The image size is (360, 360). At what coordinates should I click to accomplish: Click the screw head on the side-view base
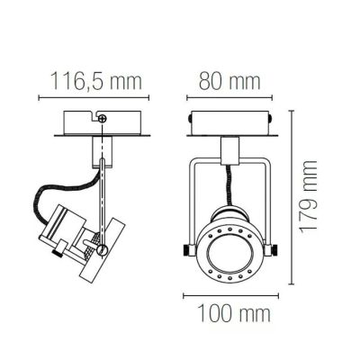point(103,115)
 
